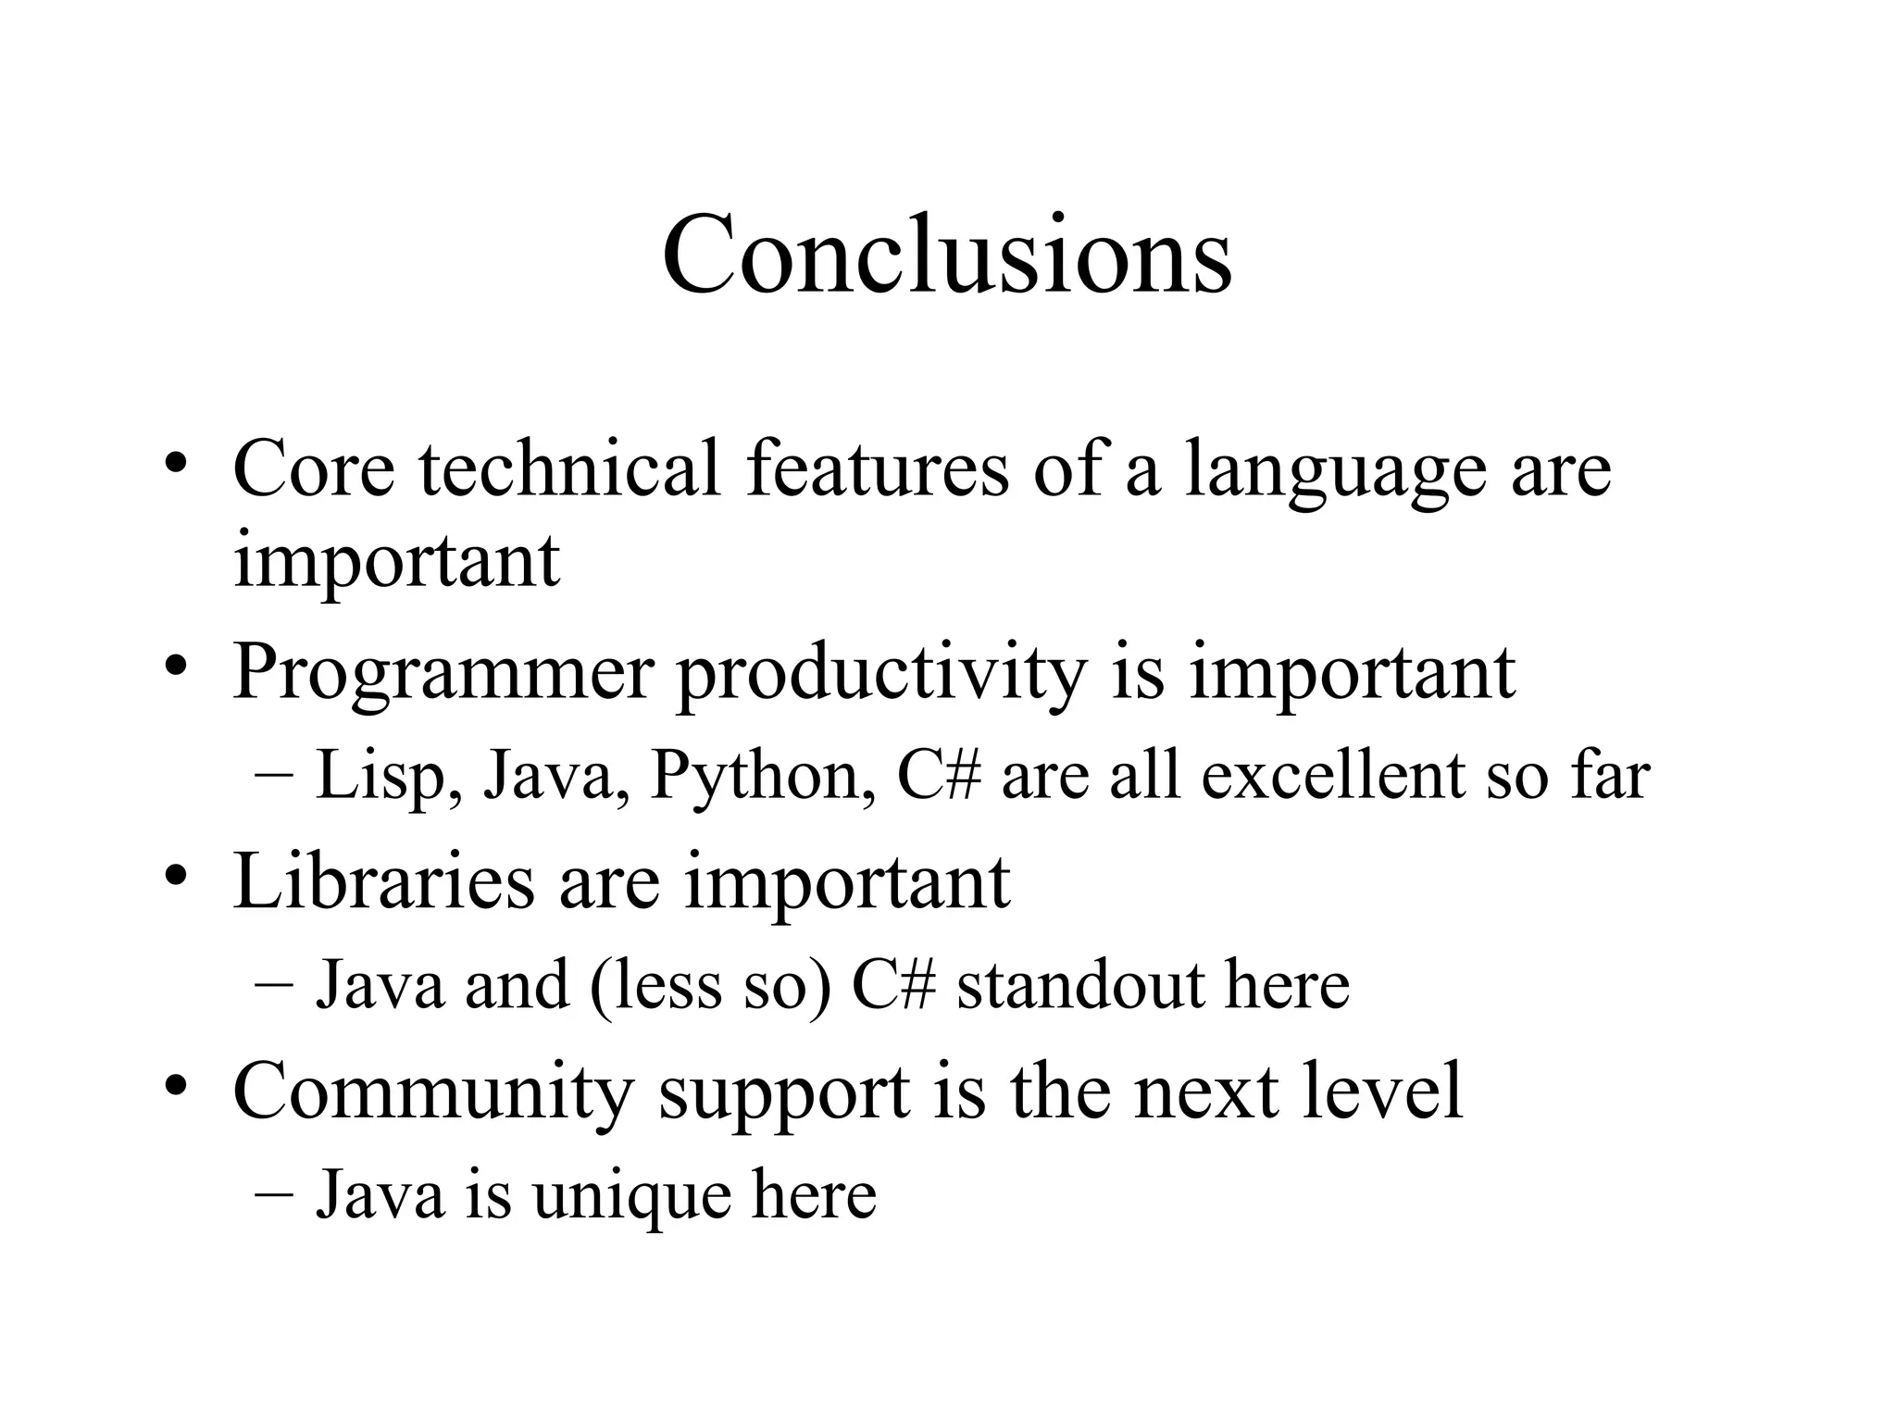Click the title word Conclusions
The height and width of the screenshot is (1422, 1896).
pyautogui.click(x=946, y=255)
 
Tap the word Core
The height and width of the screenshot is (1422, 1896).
pyautogui.click(x=314, y=468)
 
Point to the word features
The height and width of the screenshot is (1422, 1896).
pyautogui.click(x=877, y=468)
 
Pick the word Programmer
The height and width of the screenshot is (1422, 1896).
pyautogui.click(x=443, y=674)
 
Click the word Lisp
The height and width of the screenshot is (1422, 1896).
pyautogui.click(x=389, y=776)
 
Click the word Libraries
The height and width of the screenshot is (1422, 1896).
pyautogui.click(x=383, y=881)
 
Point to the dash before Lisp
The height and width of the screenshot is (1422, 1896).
pyautogui.click(x=272, y=776)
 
